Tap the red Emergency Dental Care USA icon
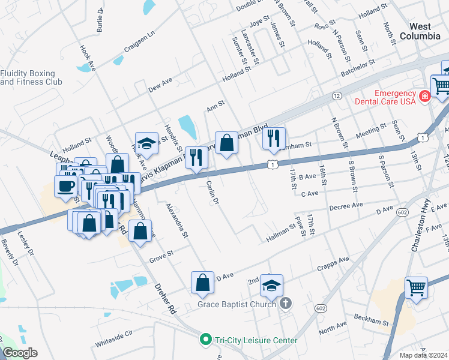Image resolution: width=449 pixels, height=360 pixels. pyautogui.click(x=425, y=96)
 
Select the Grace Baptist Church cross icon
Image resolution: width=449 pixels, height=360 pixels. pyautogui.click(x=285, y=304)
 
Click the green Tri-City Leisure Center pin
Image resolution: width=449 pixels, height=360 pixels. pyautogui.click(x=206, y=340)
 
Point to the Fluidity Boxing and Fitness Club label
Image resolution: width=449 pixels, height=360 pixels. pyautogui.click(x=31, y=77)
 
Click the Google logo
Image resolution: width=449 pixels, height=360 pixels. pyautogui.click(x=20, y=353)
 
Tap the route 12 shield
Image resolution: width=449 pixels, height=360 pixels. pyautogui.click(x=336, y=96)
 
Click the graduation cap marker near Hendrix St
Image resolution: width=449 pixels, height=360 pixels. pyautogui.click(x=146, y=143)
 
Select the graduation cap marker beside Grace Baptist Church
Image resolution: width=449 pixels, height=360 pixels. pyautogui.click(x=272, y=286)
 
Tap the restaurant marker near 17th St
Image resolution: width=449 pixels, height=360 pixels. pyautogui.click(x=274, y=139)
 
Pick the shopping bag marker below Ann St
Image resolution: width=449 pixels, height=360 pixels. pyautogui.click(x=226, y=143)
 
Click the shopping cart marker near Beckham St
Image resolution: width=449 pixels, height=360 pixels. pyautogui.click(x=416, y=287)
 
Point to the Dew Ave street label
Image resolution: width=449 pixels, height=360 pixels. pyautogui.click(x=160, y=84)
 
